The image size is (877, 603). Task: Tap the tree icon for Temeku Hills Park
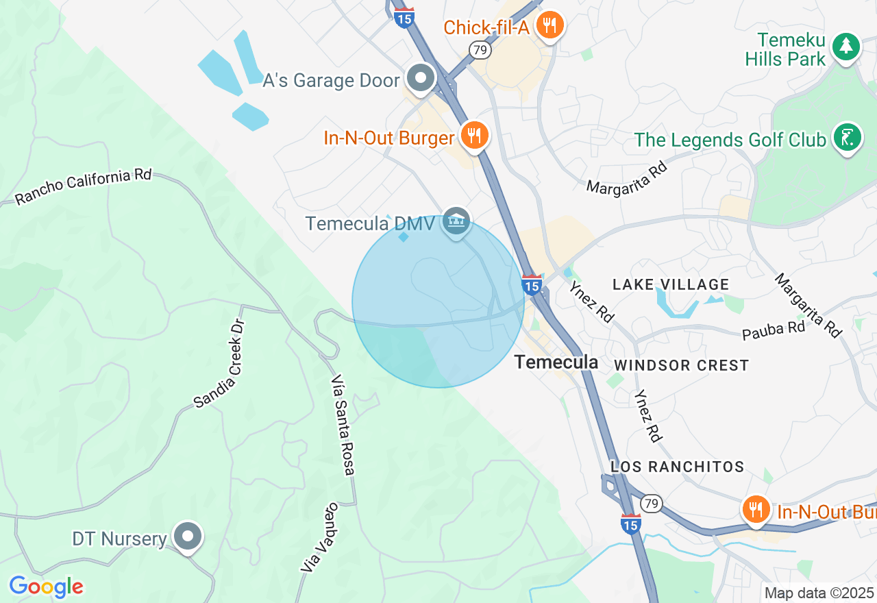[846, 47]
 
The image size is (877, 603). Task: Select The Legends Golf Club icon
[847, 138]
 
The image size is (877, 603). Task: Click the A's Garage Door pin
[421, 78]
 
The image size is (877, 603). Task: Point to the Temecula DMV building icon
[456, 221]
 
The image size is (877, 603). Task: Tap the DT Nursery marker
[187, 537]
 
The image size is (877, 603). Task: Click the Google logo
[46, 587]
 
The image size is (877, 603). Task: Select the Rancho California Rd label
[83, 186]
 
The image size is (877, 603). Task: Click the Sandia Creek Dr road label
[219, 364]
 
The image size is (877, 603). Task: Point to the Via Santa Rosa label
[343, 425]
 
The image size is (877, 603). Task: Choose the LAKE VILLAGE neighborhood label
[670, 284]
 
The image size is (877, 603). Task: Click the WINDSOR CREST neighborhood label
[681, 365]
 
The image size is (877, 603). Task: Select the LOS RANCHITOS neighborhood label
[677, 467]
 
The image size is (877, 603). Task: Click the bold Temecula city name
[556, 362]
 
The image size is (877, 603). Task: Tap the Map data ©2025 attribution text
[819, 593]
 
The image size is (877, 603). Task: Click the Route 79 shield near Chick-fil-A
[480, 50]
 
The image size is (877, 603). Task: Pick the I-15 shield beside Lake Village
[532, 284]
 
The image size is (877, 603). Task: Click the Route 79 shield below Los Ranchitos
[652, 504]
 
